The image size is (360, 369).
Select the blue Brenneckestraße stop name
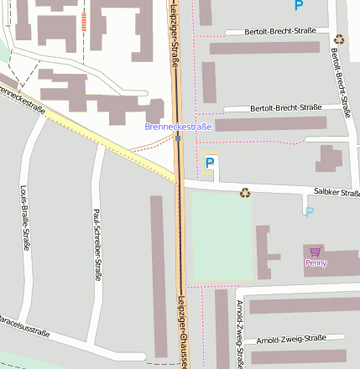tap(178, 127)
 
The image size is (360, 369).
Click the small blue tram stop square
tap(178, 139)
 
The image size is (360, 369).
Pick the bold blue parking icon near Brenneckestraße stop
tap(210, 162)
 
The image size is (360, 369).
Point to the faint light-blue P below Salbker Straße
tap(310, 211)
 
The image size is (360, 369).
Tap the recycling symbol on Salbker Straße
tap(245, 193)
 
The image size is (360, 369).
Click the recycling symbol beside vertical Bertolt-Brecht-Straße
tap(339, 39)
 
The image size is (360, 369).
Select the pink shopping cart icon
tap(315, 252)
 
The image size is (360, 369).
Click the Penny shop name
tap(316, 263)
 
